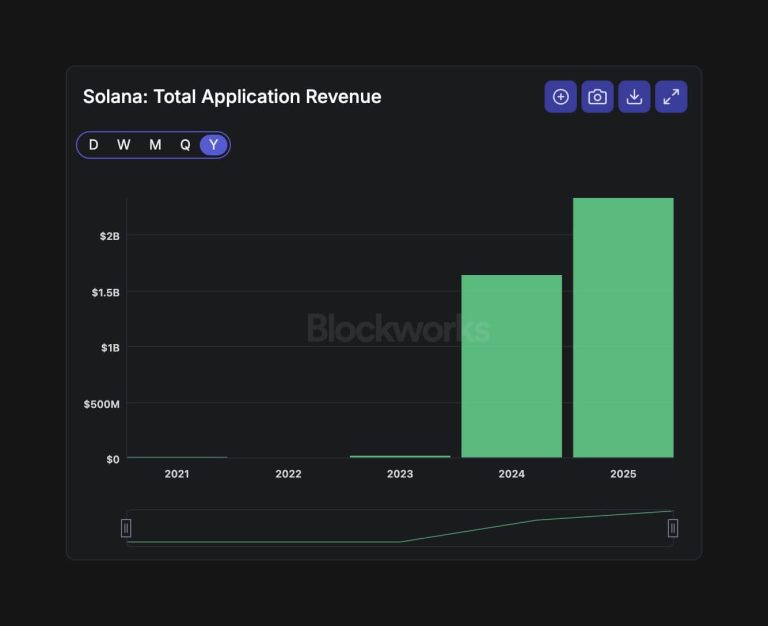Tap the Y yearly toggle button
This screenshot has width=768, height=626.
tap(213, 145)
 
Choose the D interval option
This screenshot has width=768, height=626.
tap(94, 145)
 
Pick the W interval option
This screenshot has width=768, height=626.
tap(124, 145)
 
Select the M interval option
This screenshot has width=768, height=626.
tap(155, 145)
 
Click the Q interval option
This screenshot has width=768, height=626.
tap(185, 145)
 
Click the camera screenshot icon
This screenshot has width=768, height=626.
tap(597, 97)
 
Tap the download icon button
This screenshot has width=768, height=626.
tap(634, 97)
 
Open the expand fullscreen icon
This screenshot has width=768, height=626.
tap(671, 97)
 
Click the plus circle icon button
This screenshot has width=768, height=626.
tap(561, 97)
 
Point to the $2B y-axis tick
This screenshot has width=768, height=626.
tap(109, 236)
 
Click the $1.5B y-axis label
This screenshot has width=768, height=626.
tap(105, 292)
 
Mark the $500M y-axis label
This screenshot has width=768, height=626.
tap(101, 404)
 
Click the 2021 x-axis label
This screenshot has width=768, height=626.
tap(177, 474)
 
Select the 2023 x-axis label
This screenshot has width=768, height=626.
tap(400, 474)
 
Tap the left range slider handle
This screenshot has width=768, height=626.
tap(126, 528)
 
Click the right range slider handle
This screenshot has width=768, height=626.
tap(673, 528)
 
